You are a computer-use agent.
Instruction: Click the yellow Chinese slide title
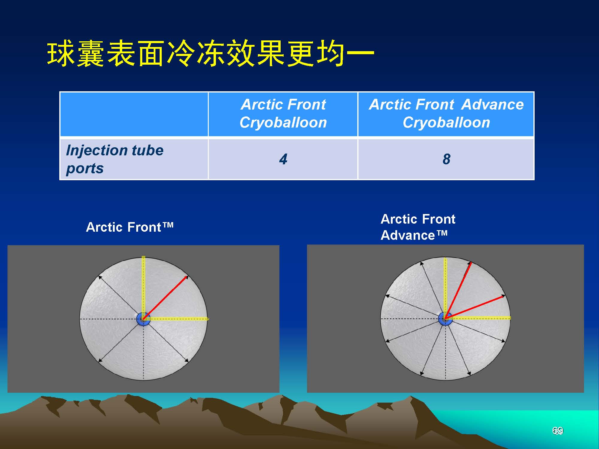coord(211,54)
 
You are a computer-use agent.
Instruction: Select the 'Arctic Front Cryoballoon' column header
coord(283,113)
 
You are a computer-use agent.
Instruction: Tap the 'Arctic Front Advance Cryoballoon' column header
coord(446,113)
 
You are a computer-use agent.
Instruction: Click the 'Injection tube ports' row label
coord(115,159)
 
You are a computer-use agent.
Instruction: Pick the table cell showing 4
coord(283,159)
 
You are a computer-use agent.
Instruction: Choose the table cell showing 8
coord(446,159)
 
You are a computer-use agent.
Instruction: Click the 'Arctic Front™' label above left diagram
coord(130,227)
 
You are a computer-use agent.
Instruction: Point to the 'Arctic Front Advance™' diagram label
coord(418,227)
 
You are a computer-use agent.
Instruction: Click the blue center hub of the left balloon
coord(143,319)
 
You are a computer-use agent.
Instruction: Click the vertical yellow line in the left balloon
coord(143,287)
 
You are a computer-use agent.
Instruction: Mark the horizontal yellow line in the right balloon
coord(478,318)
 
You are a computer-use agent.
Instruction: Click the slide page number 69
coord(557,431)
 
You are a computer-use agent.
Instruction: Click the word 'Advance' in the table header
coord(493,104)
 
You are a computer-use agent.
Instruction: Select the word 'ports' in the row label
coord(85,169)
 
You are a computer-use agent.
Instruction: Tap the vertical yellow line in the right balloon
coord(445,287)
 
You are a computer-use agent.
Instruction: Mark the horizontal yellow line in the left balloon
coord(176,318)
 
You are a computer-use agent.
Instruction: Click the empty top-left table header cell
coord(134,114)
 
